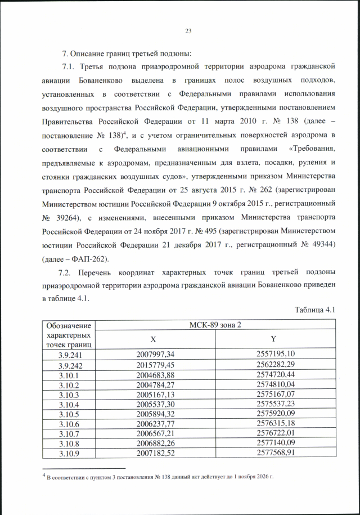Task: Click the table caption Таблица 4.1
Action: pyautogui.click(x=315, y=310)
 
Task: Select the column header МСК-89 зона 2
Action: pyautogui.click(x=215, y=325)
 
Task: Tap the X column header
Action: pyautogui.click(x=152, y=340)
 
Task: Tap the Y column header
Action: pyautogui.click(x=272, y=340)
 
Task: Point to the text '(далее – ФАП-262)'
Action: pyautogui.click(x=75, y=259)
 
